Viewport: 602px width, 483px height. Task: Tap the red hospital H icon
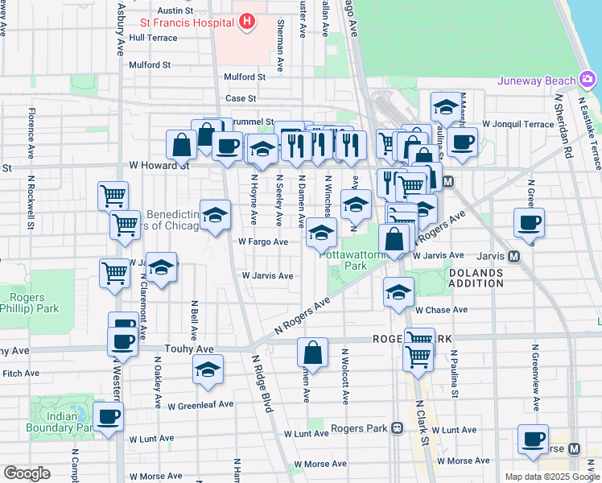point(247,21)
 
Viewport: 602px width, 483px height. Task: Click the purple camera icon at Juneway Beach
point(588,79)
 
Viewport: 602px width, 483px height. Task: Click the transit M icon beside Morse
point(574,448)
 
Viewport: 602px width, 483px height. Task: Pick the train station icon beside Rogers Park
point(397,428)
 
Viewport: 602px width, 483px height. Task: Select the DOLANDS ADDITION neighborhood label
point(476,278)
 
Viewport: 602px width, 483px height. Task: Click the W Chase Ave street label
point(441,310)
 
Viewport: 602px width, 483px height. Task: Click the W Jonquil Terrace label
point(518,124)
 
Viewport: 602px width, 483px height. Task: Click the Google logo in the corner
point(27,473)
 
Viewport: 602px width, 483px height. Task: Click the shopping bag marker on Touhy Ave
point(312,353)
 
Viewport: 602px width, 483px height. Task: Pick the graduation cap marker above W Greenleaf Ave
point(208,370)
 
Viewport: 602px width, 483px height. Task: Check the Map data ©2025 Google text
point(551,477)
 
